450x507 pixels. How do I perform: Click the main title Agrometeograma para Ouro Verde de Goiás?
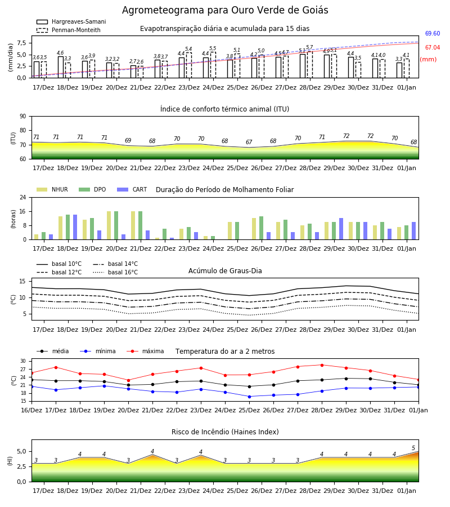[225, 10]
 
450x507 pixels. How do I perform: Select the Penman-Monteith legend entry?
[69, 30]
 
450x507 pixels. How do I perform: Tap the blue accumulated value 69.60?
[432, 34]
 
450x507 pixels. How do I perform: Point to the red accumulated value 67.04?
[432, 47]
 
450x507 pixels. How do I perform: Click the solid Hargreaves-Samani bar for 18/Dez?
[61, 67]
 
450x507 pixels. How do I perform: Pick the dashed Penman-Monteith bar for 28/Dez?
[310, 65]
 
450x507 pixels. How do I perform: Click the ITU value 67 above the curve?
[249, 143]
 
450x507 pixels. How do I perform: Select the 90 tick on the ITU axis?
[22, 117]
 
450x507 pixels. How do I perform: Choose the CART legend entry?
[132, 189]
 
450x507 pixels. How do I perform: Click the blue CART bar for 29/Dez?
[341, 229]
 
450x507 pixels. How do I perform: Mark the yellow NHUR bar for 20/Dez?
[109, 225]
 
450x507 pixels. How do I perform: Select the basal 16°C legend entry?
[115, 272]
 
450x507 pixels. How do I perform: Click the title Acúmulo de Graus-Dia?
[225, 270]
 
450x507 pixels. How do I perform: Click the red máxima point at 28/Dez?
[322, 365]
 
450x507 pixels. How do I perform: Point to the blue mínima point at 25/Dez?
[249, 397]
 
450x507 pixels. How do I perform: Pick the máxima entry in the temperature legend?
[145, 351]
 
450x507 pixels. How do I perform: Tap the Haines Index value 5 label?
[413, 448]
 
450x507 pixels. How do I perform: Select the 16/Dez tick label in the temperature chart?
[31, 410]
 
